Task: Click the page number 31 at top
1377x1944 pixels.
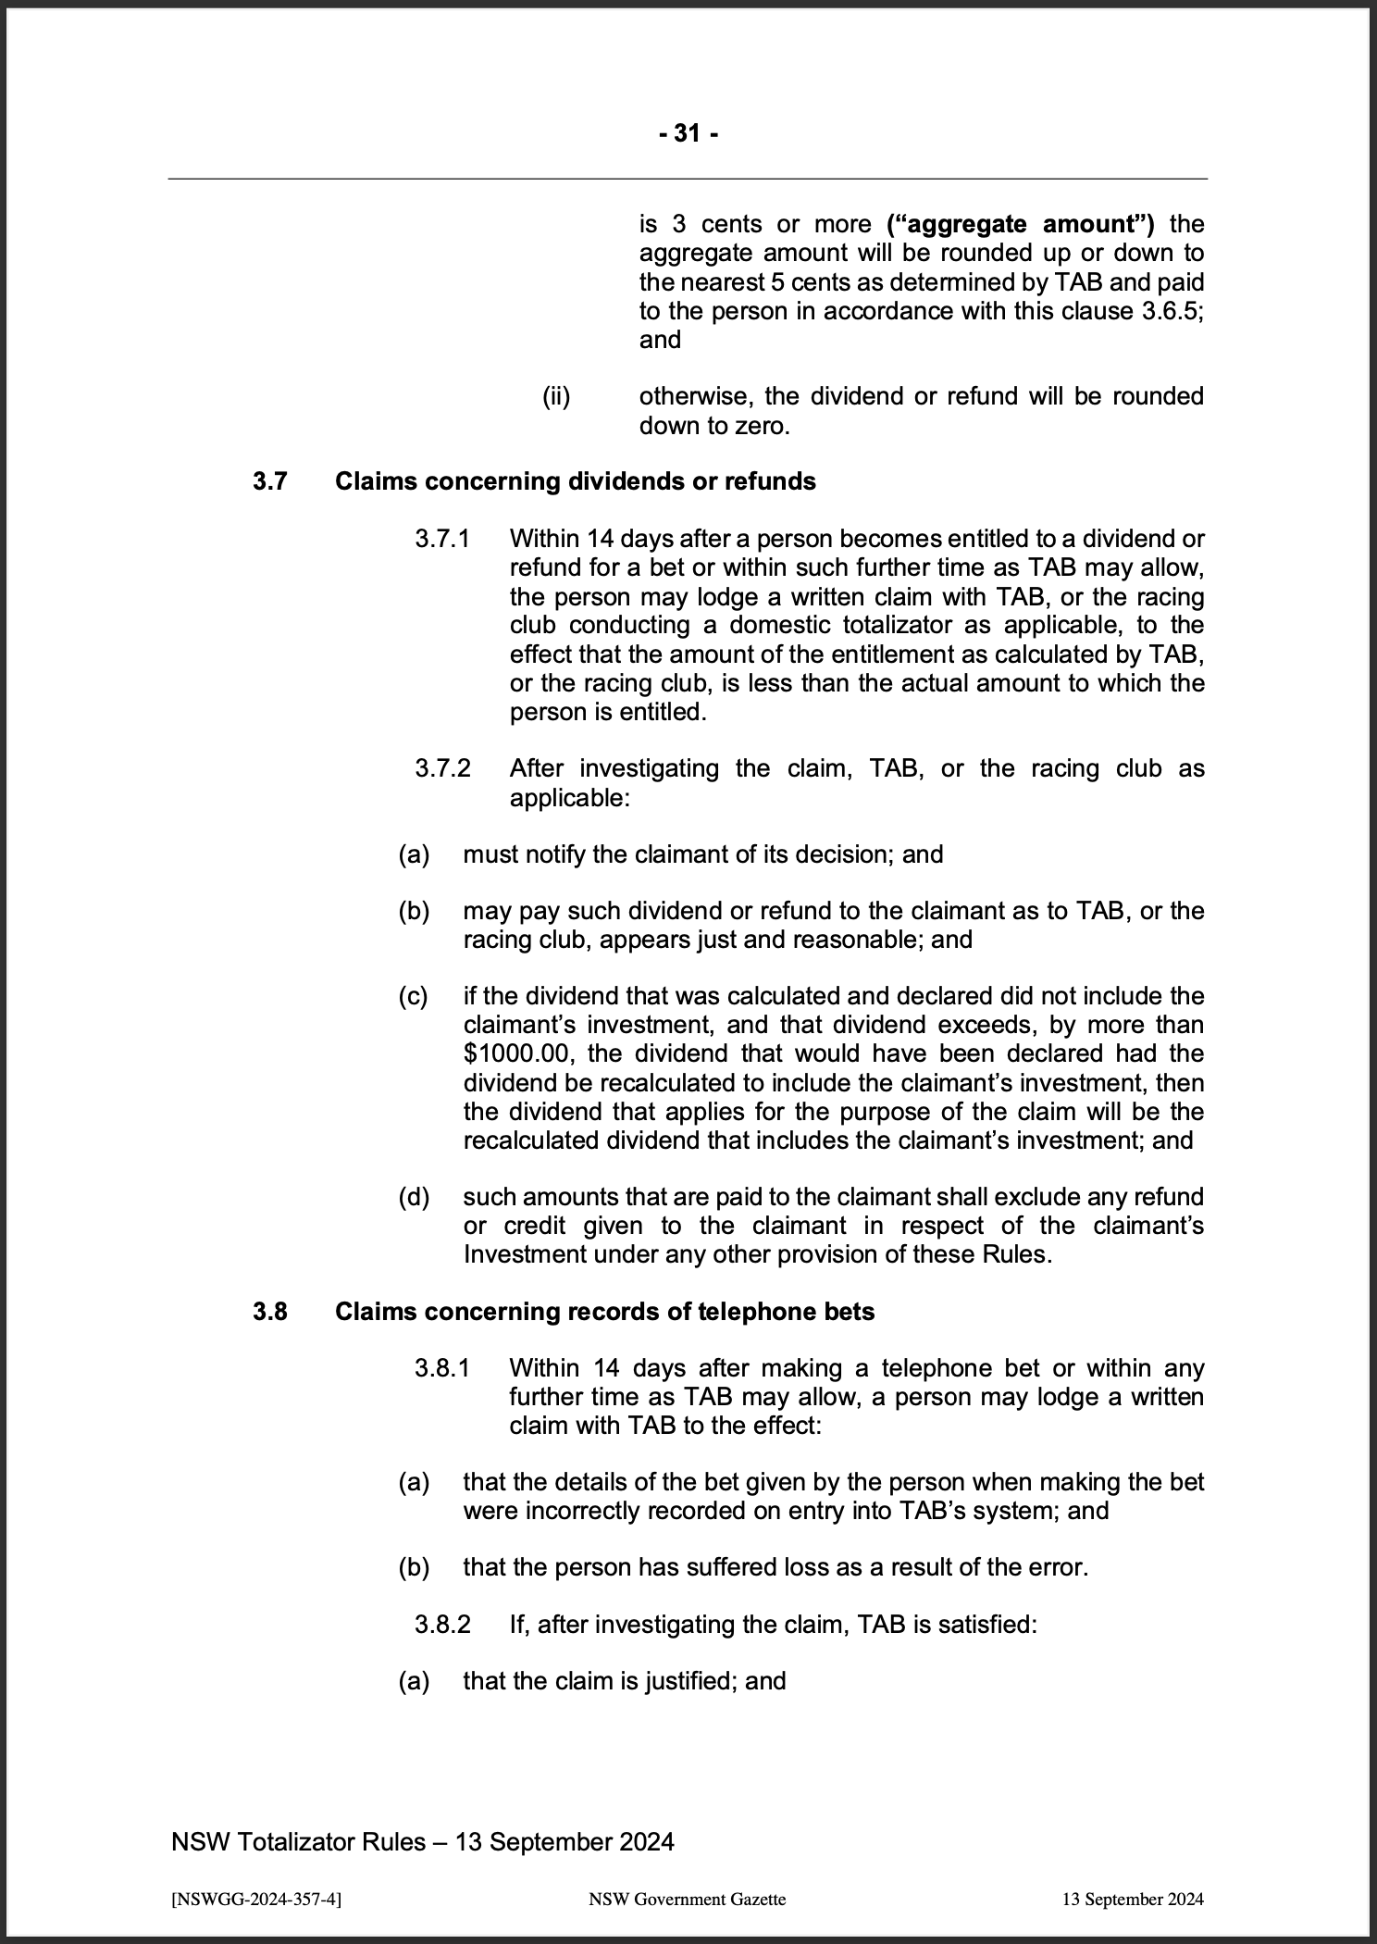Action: [x=688, y=134]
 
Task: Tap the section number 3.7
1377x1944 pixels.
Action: [x=271, y=481]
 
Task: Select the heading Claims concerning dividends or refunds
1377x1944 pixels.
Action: [x=575, y=481]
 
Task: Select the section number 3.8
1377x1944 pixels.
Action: [x=271, y=1312]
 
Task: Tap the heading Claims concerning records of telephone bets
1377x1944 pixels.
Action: [x=604, y=1312]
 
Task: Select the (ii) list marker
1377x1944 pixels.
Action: [x=556, y=396]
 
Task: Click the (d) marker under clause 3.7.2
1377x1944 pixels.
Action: [x=414, y=1197]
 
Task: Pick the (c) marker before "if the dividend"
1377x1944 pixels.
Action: [x=414, y=996]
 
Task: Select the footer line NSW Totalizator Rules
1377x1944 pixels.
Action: [x=422, y=1842]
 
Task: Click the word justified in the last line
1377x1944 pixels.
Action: [x=683, y=1681]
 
